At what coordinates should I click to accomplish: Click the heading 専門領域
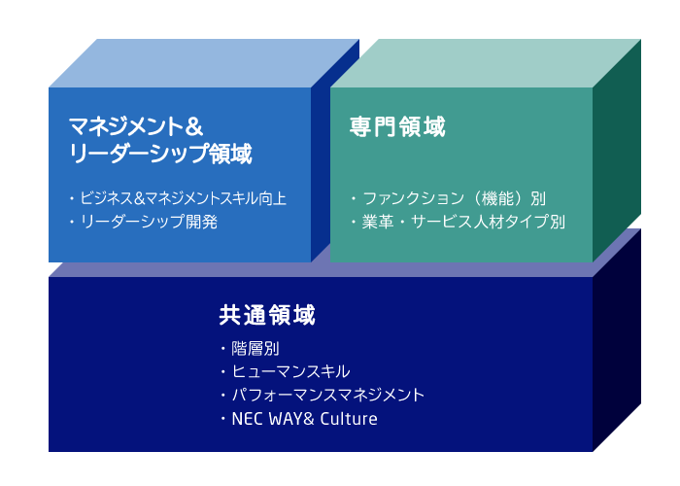pos(397,126)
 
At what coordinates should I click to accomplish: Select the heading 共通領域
pos(267,315)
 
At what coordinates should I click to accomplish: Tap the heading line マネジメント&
pos(136,126)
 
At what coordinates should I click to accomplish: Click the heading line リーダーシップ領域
pos(160,154)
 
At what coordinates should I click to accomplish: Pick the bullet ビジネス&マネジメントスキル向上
pos(184,198)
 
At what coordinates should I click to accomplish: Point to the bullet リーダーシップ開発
pos(149,222)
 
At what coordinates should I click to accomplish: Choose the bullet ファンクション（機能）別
pos(454,198)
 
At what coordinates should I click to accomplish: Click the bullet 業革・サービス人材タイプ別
pos(463,222)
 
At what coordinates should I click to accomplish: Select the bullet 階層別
pos(255,348)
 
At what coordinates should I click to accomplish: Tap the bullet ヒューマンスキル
pos(290,372)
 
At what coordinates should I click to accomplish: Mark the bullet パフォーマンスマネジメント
pos(328,396)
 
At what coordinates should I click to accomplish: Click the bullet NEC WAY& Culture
pos(304,419)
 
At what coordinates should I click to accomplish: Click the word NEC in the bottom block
pos(247,419)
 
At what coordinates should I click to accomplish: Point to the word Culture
pos(349,419)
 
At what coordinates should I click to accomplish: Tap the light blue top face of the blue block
pos(204,63)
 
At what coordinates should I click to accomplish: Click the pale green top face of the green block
pos(486,63)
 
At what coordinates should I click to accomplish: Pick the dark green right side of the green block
pos(617,151)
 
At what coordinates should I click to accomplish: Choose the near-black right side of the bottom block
pos(617,343)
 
